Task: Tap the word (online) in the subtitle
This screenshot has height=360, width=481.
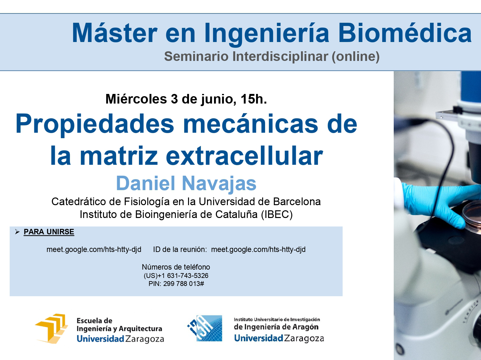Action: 356,56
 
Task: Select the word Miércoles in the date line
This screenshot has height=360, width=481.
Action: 136,99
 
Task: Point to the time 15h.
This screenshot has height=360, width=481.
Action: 254,99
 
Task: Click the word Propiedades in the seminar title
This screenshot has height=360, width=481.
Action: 95,124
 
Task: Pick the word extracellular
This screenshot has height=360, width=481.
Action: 244,156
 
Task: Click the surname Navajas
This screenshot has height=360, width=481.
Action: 219,184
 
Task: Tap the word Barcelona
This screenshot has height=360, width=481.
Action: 297,202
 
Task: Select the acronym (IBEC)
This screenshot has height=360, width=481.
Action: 277,214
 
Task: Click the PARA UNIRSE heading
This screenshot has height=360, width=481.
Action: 49,232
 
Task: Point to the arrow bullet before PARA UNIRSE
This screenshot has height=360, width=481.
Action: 17,232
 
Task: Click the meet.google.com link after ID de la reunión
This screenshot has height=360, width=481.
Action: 258,249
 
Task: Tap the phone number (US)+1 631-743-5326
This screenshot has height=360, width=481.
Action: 176,275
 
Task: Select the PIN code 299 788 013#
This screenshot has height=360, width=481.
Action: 184,284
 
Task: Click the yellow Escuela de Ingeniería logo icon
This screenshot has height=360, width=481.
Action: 51,329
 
